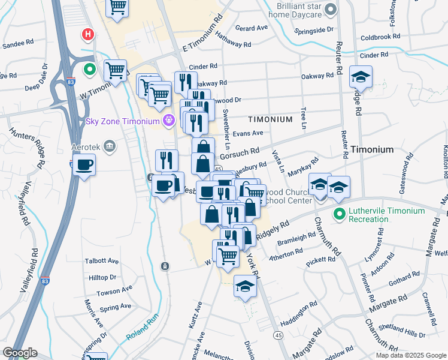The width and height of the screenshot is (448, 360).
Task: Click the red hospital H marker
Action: tap(88, 35)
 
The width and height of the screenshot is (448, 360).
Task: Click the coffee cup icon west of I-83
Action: tap(84, 164)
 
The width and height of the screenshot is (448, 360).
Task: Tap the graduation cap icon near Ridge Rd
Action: tap(361, 76)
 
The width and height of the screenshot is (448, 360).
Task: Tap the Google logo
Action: tap(20, 353)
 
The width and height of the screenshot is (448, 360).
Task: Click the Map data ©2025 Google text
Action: tap(410, 355)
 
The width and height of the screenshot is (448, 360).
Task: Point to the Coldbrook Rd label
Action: tap(380, 37)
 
